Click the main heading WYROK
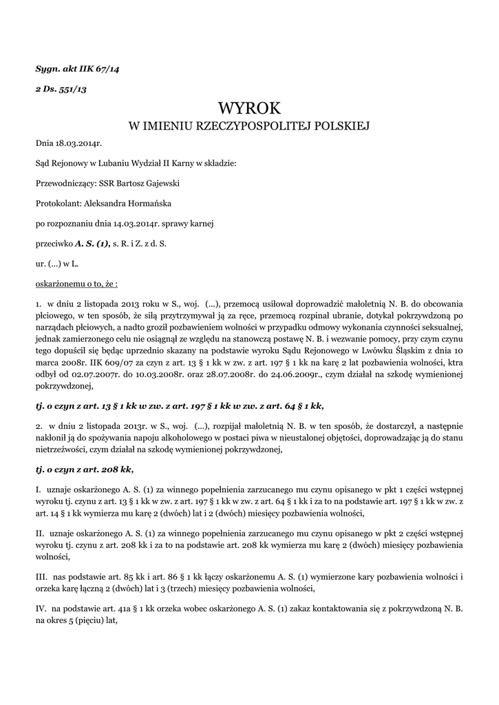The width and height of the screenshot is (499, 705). coord(250,109)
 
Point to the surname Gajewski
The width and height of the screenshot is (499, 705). coord(164,184)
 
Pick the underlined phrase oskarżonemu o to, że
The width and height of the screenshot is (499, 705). coord(76,282)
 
